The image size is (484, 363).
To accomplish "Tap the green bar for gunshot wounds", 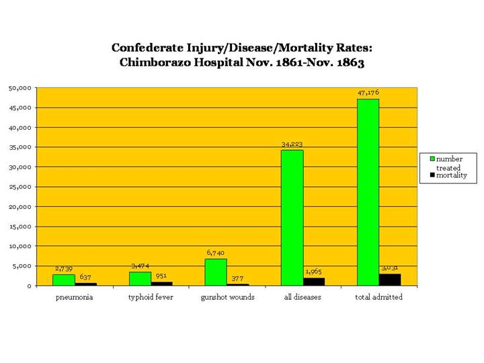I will coord(216,272).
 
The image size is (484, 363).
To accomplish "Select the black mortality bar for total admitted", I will coord(390,280).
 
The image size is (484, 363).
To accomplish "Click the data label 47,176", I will coord(368,93).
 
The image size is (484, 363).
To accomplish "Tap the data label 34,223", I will coord(292,144).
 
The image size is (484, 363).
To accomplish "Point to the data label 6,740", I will coord(216,253).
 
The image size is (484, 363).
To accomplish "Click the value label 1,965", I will coord(314,272).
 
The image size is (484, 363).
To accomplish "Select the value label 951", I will coord(161,276).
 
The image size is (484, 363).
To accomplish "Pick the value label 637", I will coord(85,277).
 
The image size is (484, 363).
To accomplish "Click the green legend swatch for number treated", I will coord(434,159).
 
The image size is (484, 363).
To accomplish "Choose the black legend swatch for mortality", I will coord(434,175).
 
